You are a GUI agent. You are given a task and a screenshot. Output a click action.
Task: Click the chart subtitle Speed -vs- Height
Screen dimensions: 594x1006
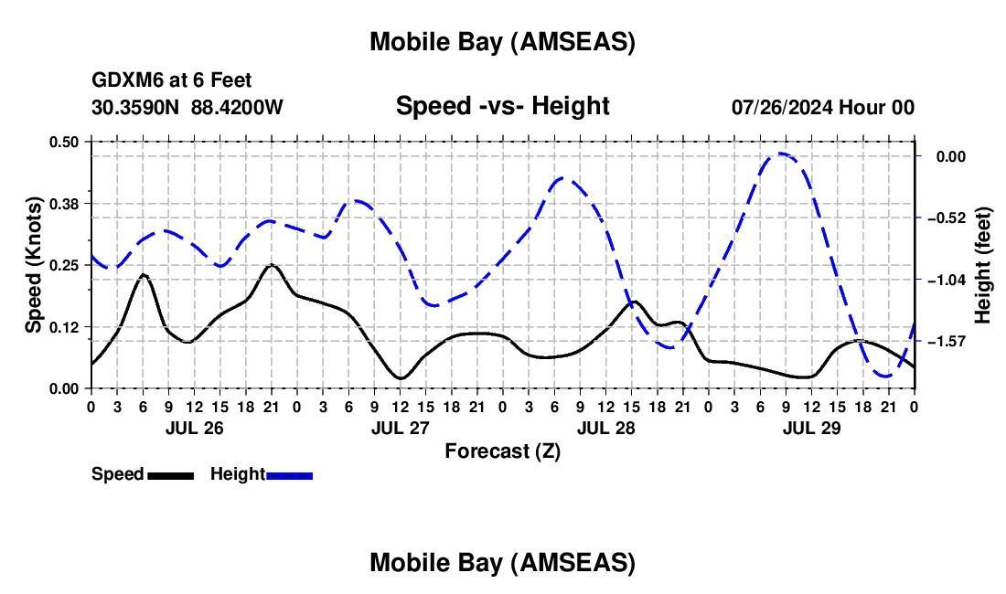point(502,106)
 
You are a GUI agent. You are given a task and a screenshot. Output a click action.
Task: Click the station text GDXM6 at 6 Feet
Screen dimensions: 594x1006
point(171,81)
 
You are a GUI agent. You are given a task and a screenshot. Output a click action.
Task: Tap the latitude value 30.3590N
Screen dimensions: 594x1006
point(136,107)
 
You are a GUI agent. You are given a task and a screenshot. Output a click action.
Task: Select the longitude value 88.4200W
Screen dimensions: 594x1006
point(237,107)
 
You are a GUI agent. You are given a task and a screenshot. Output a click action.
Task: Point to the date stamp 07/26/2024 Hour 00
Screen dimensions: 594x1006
point(822,107)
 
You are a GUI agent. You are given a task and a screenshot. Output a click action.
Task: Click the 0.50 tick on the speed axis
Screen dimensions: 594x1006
point(65,142)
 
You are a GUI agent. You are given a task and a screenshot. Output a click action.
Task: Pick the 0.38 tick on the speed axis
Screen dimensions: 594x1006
point(65,203)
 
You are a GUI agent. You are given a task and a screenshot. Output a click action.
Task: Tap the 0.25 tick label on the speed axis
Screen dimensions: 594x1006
point(65,265)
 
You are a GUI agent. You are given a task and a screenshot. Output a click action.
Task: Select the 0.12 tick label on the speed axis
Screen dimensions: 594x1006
point(65,327)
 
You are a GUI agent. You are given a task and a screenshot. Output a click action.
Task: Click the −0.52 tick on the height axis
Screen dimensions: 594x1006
point(950,218)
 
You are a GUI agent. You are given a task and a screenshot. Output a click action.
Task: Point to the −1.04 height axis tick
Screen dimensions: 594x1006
point(950,280)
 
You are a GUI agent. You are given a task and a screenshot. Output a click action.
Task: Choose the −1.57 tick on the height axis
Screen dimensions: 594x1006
point(950,342)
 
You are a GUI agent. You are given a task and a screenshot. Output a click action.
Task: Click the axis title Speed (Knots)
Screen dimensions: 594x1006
point(34,265)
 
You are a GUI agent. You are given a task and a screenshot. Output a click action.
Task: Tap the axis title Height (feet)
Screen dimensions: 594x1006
point(983,265)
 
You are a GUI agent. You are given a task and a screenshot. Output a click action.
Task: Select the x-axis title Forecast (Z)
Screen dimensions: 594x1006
point(502,451)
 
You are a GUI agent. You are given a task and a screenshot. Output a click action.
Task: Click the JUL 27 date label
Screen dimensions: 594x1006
point(399,427)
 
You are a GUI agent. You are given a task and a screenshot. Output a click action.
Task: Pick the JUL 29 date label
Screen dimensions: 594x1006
point(810,427)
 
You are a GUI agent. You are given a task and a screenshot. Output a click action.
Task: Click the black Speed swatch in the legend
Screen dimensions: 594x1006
point(171,474)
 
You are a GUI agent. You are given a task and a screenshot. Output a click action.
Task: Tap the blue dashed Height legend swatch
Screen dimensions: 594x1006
point(290,474)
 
